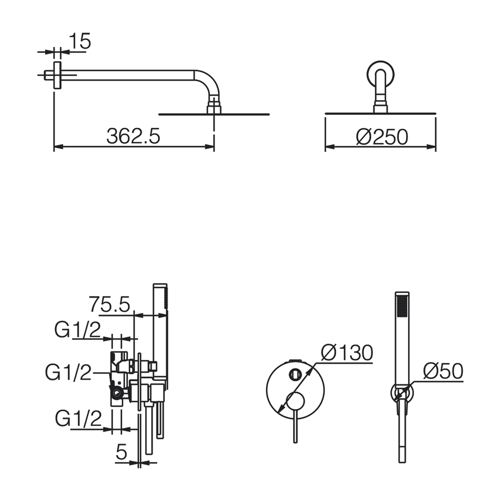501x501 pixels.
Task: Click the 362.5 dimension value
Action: [133, 136]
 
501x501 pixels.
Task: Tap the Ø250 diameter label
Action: [382, 137]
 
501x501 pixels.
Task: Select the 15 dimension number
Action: [80, 41]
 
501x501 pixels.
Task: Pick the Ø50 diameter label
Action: [443, 371]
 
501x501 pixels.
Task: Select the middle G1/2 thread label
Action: [68, 372]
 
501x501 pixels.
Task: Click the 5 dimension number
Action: [121, 451]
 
